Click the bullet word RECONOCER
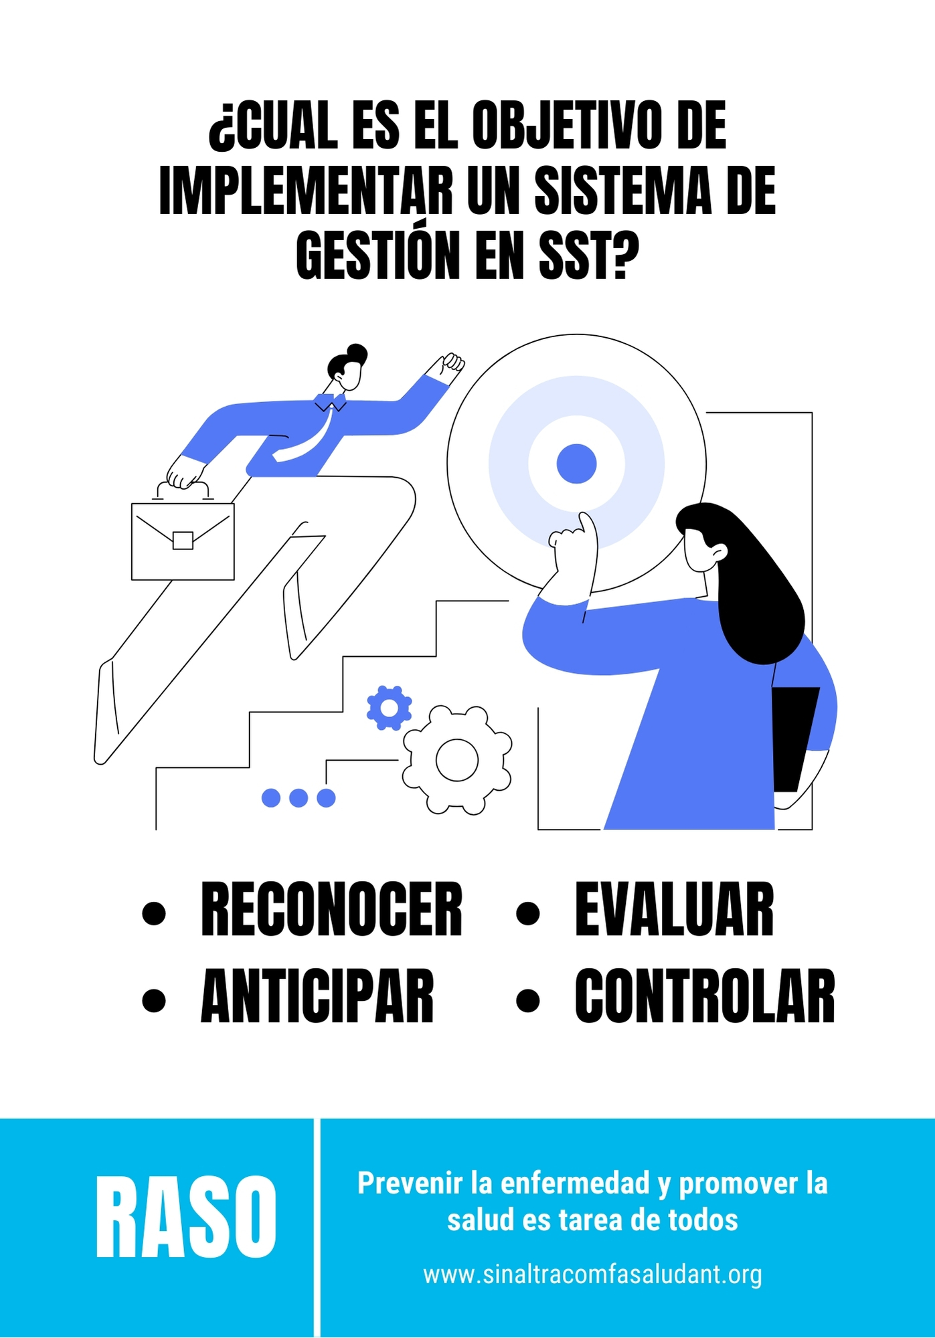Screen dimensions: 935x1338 [x=331, y=910]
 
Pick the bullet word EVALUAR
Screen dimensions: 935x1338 [x=674, y=910]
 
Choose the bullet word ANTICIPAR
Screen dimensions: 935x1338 [x=317, y=996]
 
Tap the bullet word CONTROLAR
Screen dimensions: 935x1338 [x=705, y=996]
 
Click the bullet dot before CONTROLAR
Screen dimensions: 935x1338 [x=528, y=1000]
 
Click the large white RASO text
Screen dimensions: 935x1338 [x=185, y=1218]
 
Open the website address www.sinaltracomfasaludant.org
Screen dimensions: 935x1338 [x=592, y=1274]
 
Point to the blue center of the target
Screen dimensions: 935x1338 [x=576, y=464]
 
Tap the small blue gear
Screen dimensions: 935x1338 [x=389, y=708]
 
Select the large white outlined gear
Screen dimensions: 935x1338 [x=457, y=760]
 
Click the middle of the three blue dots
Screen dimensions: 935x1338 [x=299, y=797]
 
